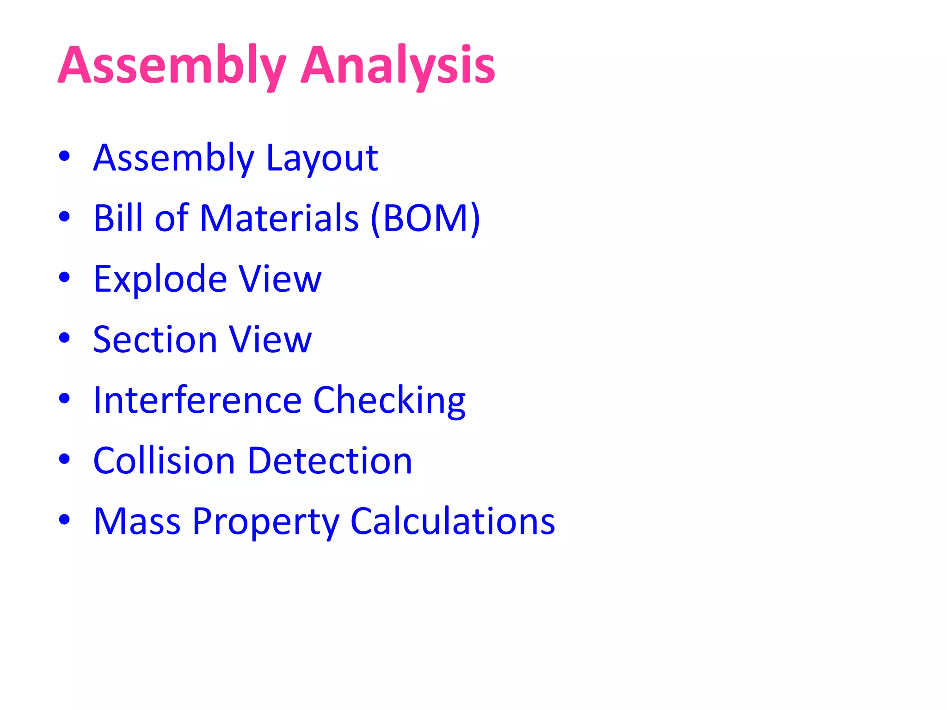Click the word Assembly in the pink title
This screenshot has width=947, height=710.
[172, 66]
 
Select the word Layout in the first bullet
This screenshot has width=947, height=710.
[322, 159]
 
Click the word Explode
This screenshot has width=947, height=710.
[160, 280]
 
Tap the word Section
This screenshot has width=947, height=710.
[155, 340]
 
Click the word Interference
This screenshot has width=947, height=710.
[197, 400]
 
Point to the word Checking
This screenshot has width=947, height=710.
[389, 401]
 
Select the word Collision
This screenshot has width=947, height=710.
[164, 461]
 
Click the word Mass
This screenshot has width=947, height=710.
[137, 521]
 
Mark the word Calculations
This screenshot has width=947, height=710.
[453, 521]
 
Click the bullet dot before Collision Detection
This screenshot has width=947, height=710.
[64, 459]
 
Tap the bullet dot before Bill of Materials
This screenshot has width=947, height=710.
[64, 216]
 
